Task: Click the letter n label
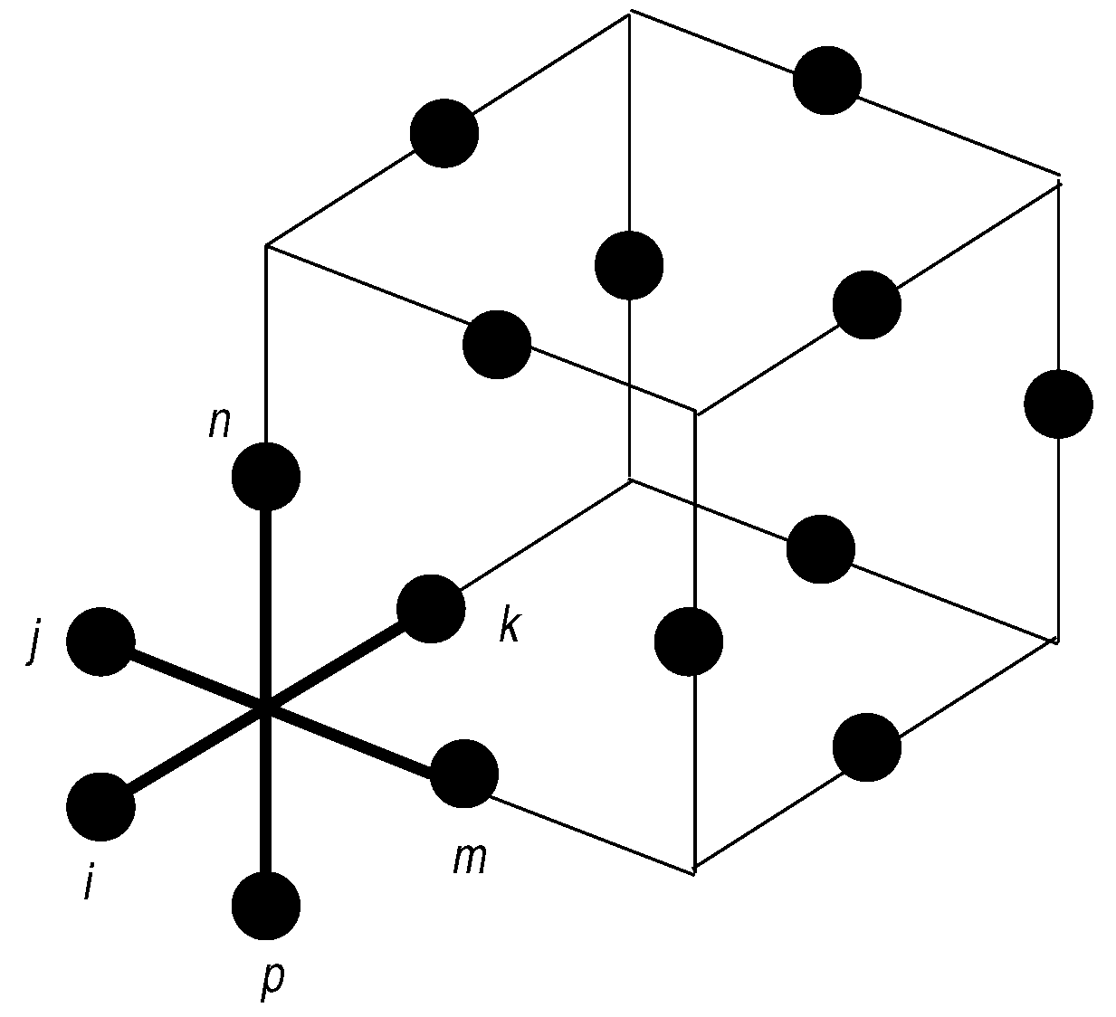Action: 220,423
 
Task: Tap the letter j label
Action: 34,643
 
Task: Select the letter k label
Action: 510,626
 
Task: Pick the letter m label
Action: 470,859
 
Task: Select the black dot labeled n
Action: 266,477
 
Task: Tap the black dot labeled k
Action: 432,608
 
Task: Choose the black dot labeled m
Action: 464,774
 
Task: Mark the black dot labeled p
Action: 266,906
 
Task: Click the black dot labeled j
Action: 100,642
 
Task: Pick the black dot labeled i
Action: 100,806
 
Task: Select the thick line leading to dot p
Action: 266,796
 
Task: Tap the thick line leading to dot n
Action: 266,597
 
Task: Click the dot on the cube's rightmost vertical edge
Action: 1058,404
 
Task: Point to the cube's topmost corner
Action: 630,11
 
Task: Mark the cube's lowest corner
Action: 694,872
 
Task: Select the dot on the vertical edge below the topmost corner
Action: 629,265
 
